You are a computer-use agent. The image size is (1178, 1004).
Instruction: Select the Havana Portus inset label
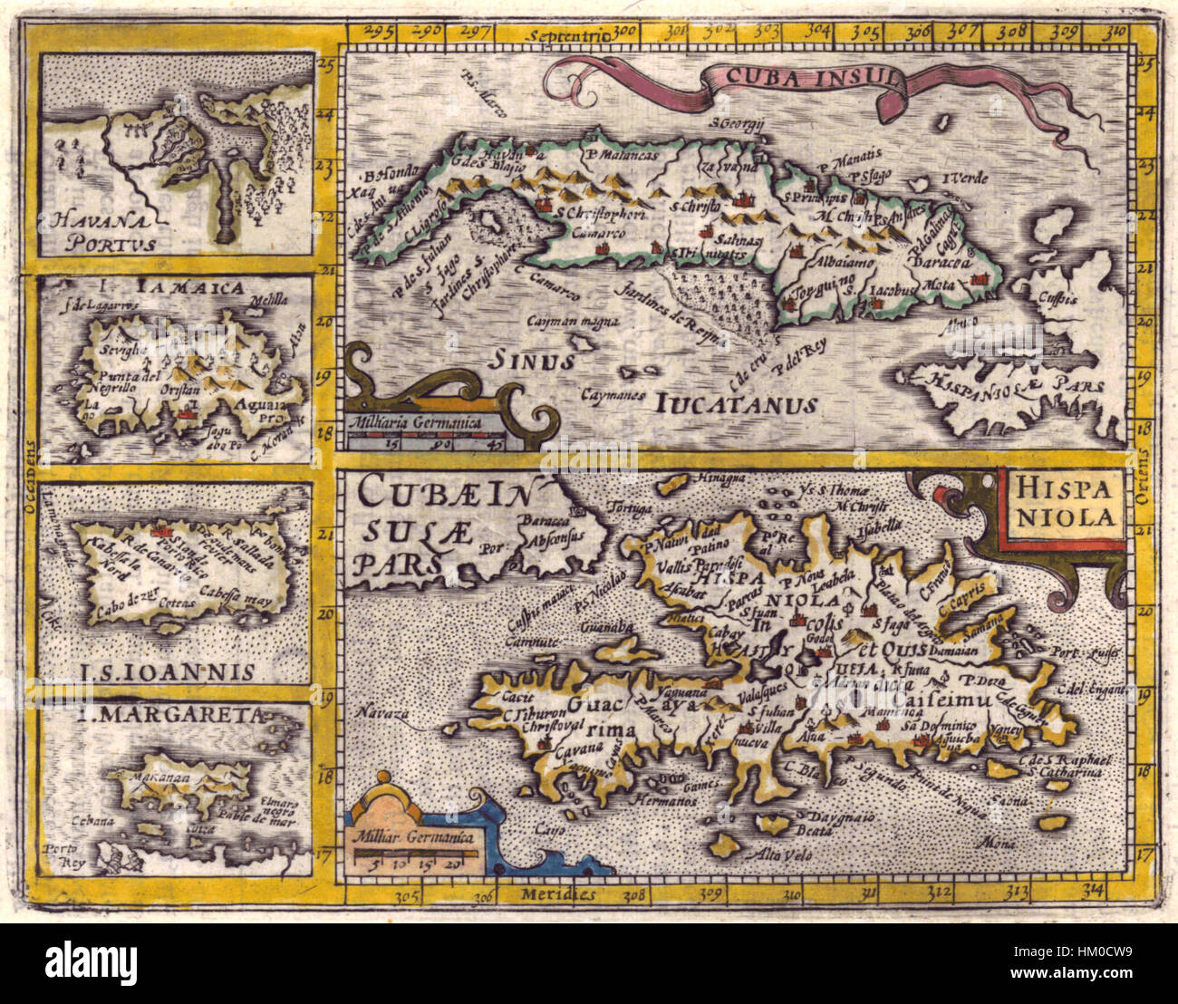[101, 230]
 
